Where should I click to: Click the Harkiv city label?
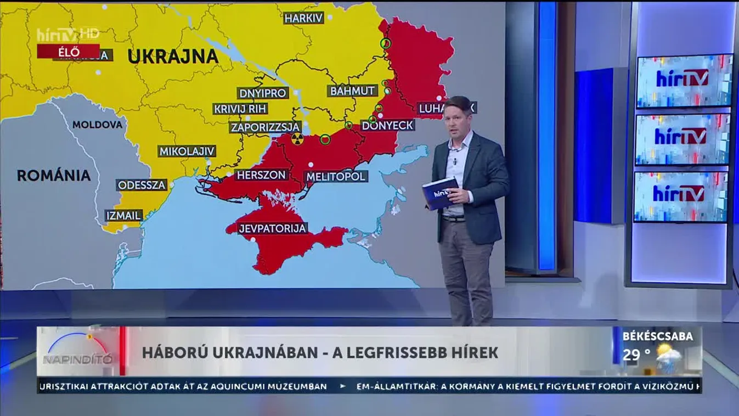tap(303, 18)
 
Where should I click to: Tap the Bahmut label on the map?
tap(352, 91)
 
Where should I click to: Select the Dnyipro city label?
tap(263, 93)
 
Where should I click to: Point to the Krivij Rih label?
tap(240, 109)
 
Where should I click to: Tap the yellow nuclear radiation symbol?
tap(296, 139)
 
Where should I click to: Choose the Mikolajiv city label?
tap(187, 151)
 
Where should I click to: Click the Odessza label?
tap(142, 185)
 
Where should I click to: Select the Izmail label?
tap(124, 215)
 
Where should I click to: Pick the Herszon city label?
tap(261, 175)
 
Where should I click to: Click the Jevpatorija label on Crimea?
tap(272, 228)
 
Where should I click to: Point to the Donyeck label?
tap(387, 125)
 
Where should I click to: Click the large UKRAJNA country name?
tap(173, 56)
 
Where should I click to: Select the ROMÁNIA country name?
tap(54, 176)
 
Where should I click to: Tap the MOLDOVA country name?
tap(98, 125)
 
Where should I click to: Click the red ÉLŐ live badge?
tap(69, 52)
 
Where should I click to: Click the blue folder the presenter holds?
tap(440, 194)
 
